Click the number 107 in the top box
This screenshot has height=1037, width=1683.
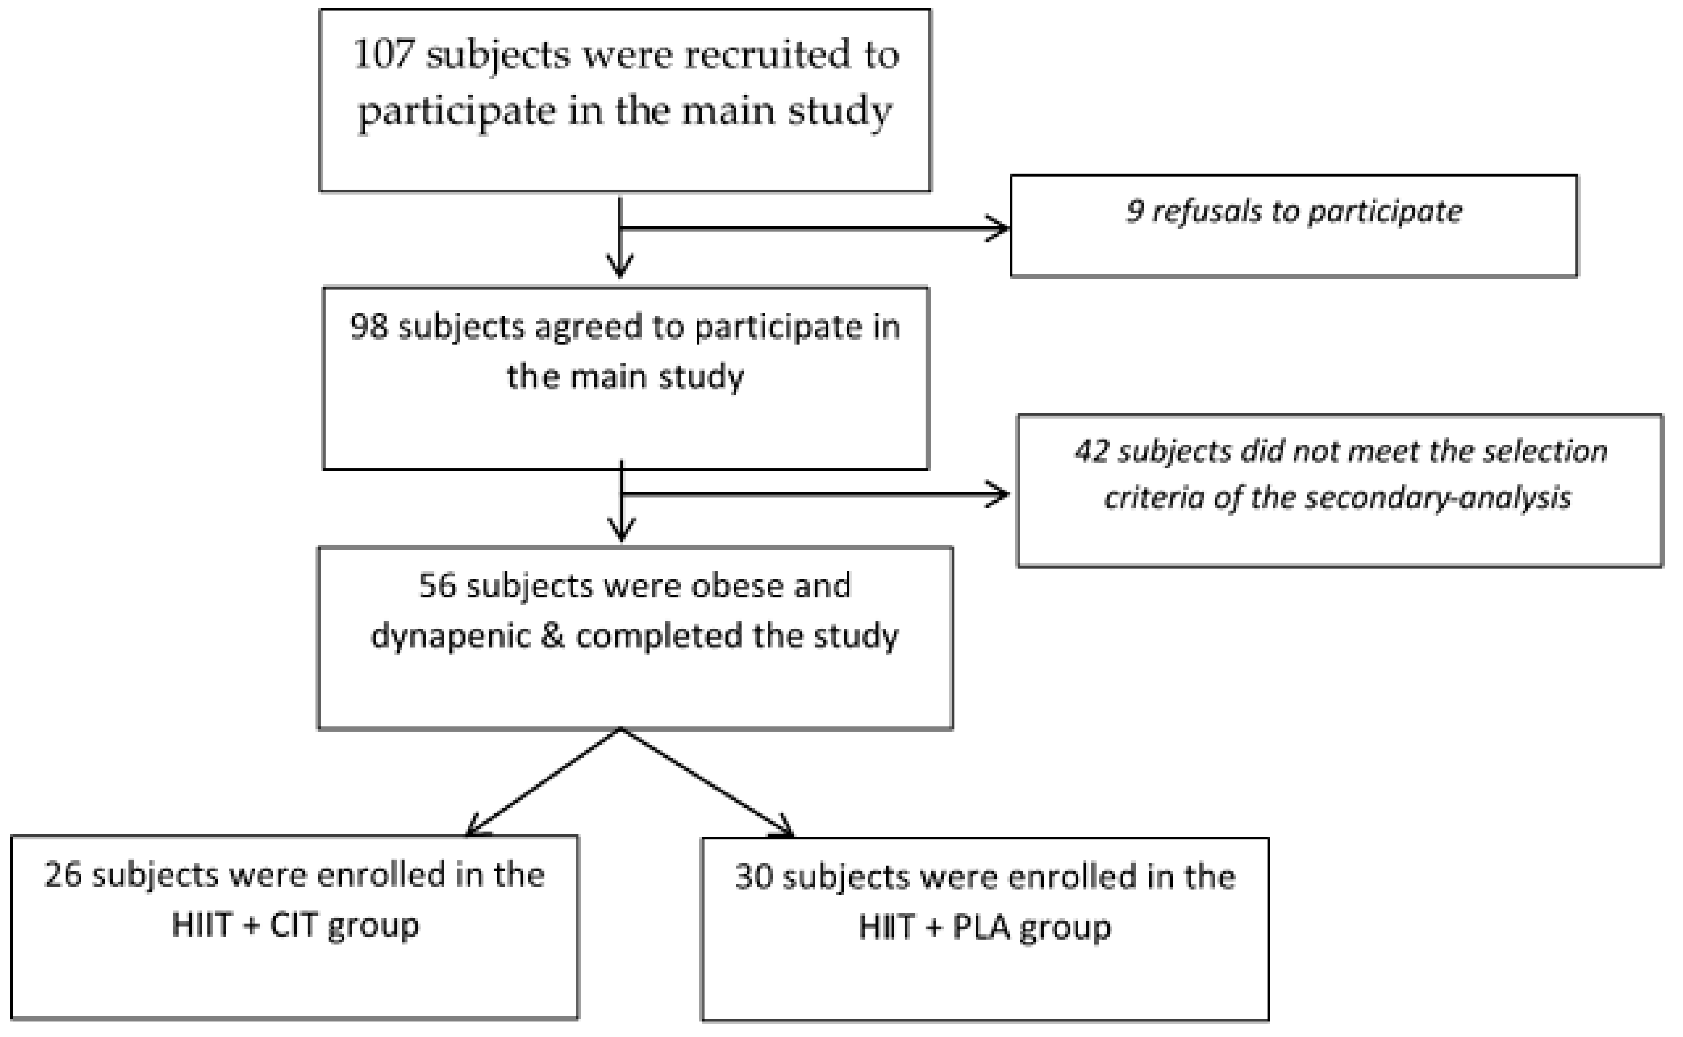click(x=383, y=54)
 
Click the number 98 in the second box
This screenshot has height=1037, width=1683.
click(x=369, y=327)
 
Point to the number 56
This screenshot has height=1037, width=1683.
click(x=437, y=587)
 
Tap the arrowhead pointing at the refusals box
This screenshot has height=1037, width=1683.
click(x=997, y=229)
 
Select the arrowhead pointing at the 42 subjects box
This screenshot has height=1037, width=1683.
click(x=997, y=494)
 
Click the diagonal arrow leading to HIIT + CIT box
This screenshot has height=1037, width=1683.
click(x=543, y=782)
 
